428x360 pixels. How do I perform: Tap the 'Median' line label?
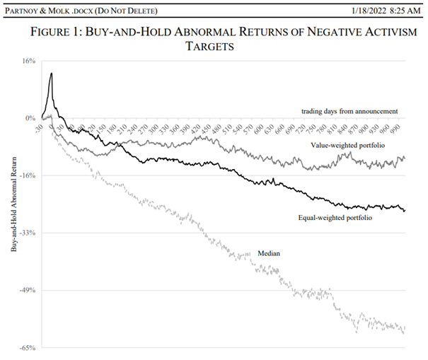point(268,252)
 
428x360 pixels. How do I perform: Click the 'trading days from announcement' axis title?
point(349,110)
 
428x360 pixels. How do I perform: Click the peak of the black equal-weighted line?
point(51,74)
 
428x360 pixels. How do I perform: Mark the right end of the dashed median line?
point(405,332)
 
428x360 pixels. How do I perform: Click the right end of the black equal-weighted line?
point(405,210)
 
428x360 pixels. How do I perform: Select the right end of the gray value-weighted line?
point(405,158)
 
